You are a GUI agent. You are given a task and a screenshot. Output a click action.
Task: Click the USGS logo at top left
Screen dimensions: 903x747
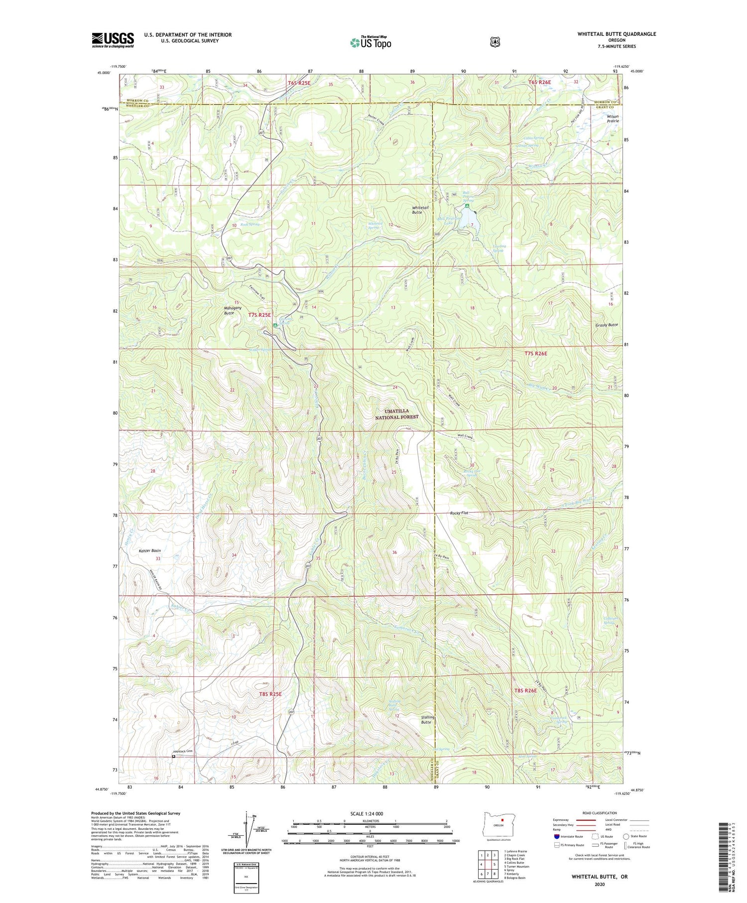coord(113,40)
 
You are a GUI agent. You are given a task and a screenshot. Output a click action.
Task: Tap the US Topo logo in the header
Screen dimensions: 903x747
coord(371,42)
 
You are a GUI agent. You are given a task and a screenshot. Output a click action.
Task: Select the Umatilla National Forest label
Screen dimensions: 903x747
coord(397,414)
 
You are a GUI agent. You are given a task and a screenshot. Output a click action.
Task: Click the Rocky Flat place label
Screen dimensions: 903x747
coord(459,513)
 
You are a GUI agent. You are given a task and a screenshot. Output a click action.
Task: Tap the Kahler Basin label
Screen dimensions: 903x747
coord(150,551)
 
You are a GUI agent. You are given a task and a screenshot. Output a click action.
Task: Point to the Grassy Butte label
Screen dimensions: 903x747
coord(607,325)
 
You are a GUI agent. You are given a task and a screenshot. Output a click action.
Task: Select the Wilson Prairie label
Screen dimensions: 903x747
coord(613,118)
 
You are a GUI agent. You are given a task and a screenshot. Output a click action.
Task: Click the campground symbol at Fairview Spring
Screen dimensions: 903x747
coord(275,325)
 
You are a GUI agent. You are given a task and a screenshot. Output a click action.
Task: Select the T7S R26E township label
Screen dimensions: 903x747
coord(536,353)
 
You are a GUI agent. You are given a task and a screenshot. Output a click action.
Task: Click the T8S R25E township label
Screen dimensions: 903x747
coord(270,694)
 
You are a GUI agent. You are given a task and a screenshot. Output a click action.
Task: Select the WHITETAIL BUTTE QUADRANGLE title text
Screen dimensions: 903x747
coord(617,34)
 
